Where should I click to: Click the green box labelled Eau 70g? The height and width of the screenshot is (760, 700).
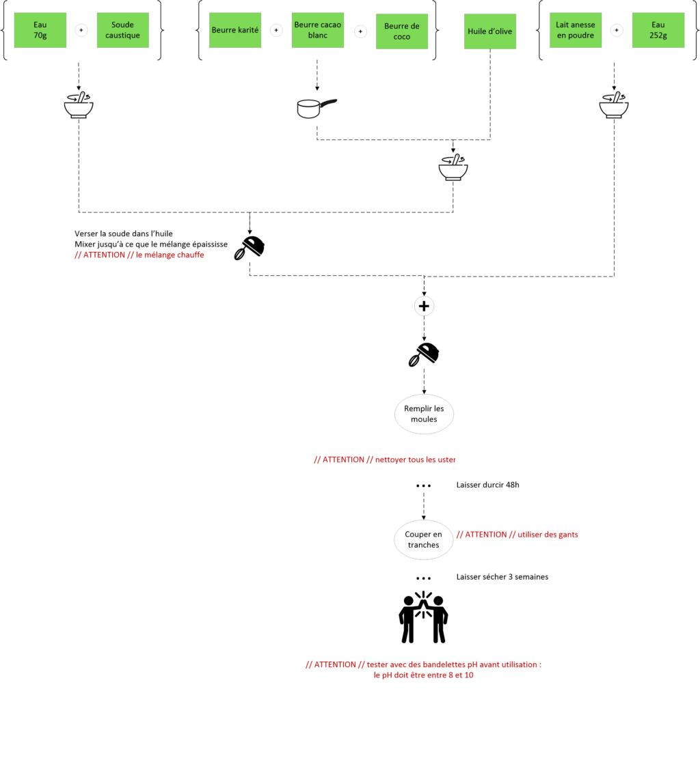40,30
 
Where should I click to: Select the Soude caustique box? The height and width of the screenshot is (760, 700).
123,30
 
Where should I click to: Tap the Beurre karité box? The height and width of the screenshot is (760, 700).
235,30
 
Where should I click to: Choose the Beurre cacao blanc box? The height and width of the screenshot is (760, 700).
318,30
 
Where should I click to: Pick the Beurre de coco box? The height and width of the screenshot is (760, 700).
402,31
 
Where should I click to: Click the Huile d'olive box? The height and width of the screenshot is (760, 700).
490,31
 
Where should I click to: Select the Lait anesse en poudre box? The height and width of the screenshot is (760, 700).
576,30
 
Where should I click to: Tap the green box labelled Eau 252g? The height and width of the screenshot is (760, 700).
658,30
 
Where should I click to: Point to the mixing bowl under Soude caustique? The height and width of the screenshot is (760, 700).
79,106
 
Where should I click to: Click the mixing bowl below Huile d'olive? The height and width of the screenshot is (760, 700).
453,168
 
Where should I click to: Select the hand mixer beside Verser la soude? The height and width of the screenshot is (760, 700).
250,248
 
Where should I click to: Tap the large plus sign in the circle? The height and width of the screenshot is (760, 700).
424,307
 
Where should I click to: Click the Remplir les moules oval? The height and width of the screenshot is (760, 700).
424,414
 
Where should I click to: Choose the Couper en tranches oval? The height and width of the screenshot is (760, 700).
424,539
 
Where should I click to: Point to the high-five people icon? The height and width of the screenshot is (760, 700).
424,617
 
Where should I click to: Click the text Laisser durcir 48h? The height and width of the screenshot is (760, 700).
487,485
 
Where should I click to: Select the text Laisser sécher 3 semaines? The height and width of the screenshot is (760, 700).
502,577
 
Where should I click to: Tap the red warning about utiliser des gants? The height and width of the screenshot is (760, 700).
517,535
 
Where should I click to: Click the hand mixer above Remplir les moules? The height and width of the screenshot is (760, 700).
424,354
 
